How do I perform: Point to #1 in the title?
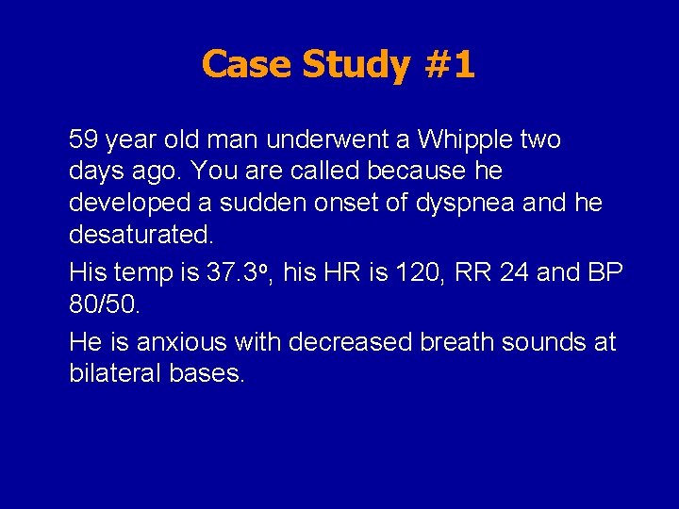pyautogui.click(x=448, y=65)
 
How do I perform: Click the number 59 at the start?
pyautogui.click(x=84, y=140)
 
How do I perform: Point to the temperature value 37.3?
pyautogui.click(x=233, y=273)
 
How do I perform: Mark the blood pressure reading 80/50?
pyautogui.click(x=103, y=304)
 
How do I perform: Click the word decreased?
pyautogui.click(x=351, y=342)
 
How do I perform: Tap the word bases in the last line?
pyautogui.click(x=207, y=373)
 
